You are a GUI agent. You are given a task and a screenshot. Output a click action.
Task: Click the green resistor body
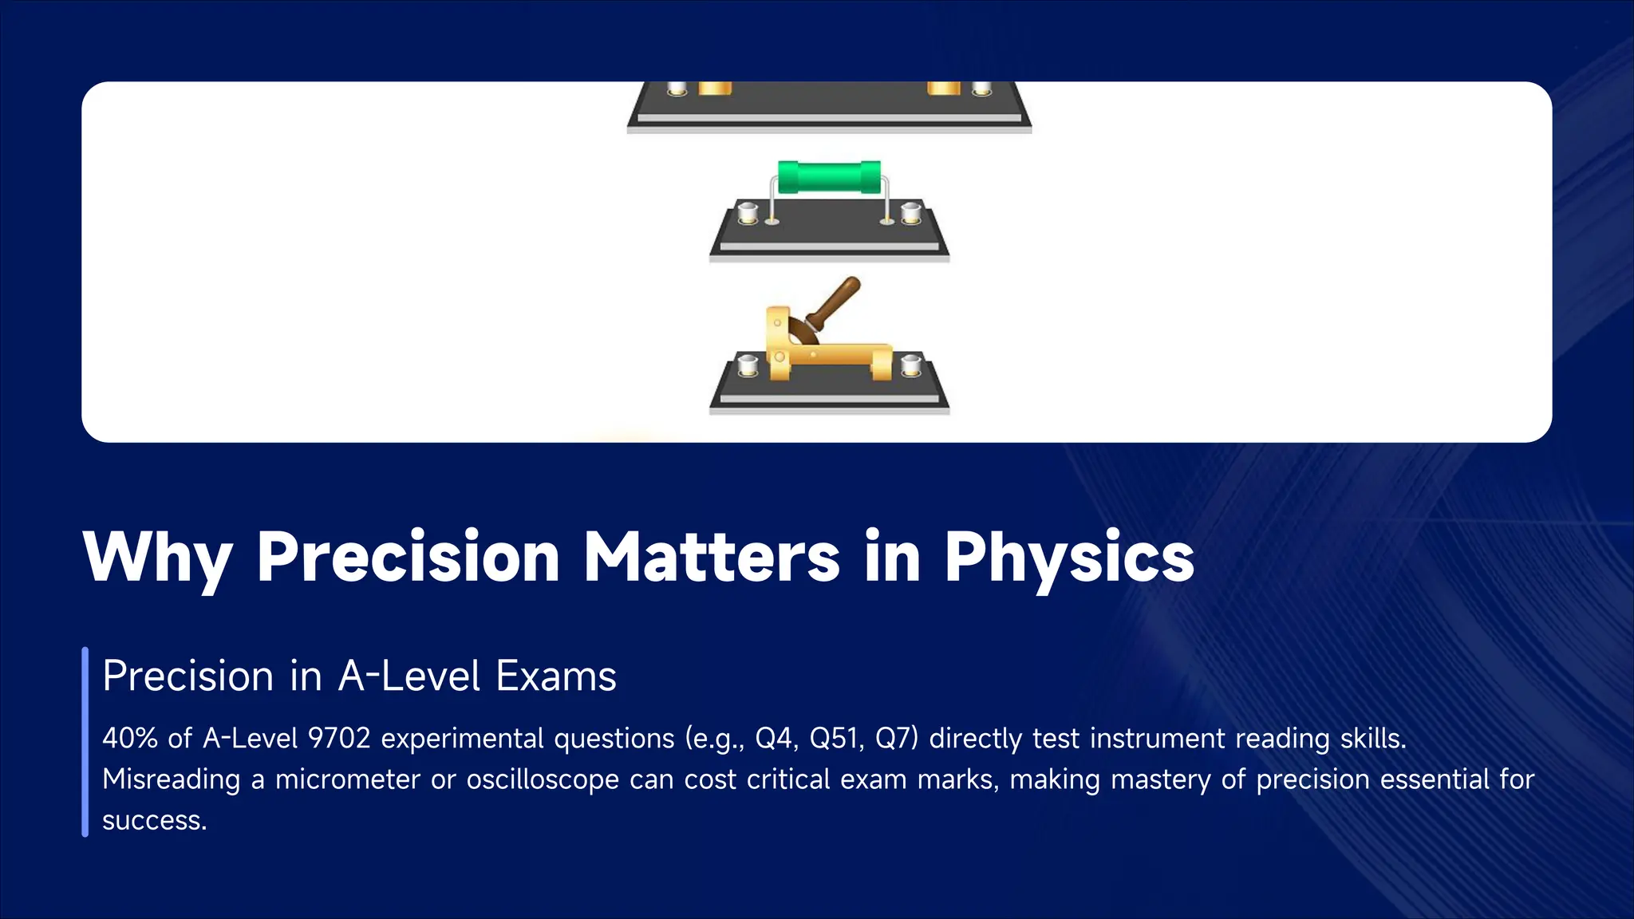coord(829,176)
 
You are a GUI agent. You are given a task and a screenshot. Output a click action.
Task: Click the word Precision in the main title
coord(408,557)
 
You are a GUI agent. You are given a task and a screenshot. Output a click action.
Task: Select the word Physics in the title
coord(1069,557)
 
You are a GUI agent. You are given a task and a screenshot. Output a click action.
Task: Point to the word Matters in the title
coord(712,557)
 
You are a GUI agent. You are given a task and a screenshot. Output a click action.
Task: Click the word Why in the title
coord(158,557)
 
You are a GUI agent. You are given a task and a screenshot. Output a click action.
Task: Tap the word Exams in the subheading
coord(556,676)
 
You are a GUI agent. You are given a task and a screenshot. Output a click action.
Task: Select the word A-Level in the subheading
coord(409,676)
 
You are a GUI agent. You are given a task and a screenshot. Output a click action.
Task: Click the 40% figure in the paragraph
coord(130,738)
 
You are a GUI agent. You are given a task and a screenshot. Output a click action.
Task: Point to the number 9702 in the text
coord(339,738)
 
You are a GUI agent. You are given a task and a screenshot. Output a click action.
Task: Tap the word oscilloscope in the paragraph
coord(543,779)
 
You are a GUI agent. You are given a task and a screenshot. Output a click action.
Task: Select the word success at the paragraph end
coord(152,821)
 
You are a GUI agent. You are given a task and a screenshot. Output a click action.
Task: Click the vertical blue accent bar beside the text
coord(85,742)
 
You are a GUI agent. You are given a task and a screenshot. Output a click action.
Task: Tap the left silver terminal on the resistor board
coord(748,213)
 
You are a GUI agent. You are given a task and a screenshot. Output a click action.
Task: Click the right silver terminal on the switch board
coord(910,366)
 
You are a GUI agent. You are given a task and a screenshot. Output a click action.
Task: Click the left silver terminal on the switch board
coord(748,366)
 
